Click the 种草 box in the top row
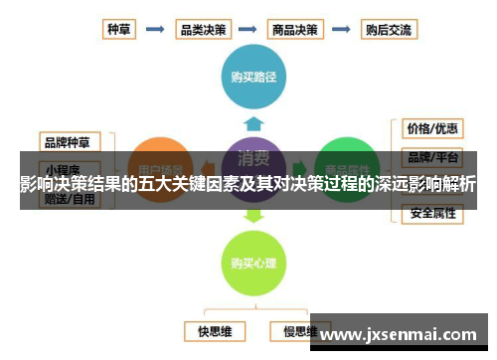click(118, 29)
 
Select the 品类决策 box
click(202, 29)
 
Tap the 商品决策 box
click(294, 29)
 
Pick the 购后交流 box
click(389, 29)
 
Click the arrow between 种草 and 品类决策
click(155, 29)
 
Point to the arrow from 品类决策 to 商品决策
click(248, 29)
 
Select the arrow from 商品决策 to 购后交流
click(342, 29)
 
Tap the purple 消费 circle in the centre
click(252, 165)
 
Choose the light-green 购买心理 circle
click(252, 263)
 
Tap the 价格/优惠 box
click(431, 129)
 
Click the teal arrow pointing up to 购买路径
click(252, 122)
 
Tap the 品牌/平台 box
click(431, 156)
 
